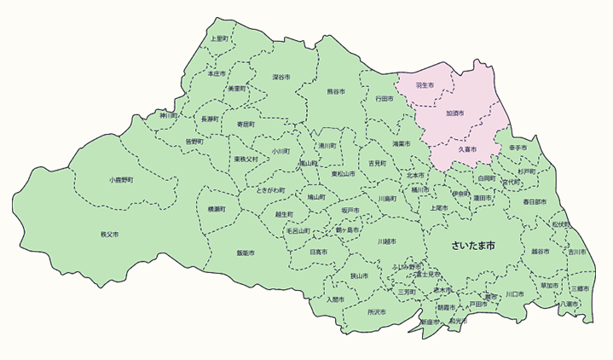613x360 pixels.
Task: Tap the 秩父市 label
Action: [x=108, y=233]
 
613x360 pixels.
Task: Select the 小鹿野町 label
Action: [x=121, y=180]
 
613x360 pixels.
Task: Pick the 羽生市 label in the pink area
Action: [x=424, y=85]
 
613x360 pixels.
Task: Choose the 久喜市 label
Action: [x=467, y=149]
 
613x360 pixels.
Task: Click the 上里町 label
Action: [x=219, y=39]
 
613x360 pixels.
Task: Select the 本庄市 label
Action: [x=217, y=74]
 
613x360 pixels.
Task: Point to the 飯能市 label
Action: [x=246, y=253]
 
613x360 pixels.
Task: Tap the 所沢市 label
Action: [x=376, y=312]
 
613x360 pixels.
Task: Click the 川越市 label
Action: [x=388, y=241]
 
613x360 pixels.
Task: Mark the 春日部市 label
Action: [x=537, y=202]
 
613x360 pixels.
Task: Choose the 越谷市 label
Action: [x=541, y=252]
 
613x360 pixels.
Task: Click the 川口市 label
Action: [x=513, y=294]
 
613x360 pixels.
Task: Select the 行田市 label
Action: [x=385, y=99]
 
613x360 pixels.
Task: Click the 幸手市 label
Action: [x=518, y=148]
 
